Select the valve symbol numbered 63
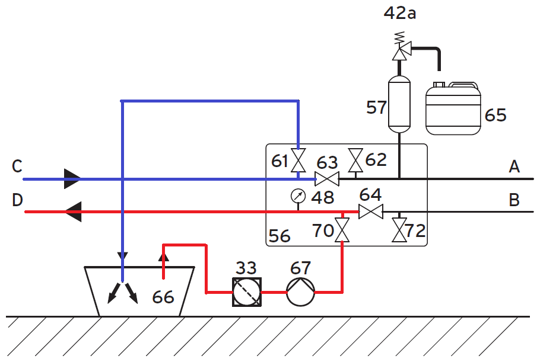tap(327, 178)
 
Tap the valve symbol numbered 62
tap(355, 159)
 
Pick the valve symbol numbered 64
tap(371, 212)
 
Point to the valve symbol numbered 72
tap(399, 230)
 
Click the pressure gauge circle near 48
tap(298, 195)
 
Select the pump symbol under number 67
tap(300, 291)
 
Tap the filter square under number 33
tap(246, 291)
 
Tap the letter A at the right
tap(514, 167)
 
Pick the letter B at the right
tap(514, 200)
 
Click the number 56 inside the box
tap(280, 236)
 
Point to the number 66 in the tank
tap(163, 296)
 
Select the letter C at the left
tap(17, 166)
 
